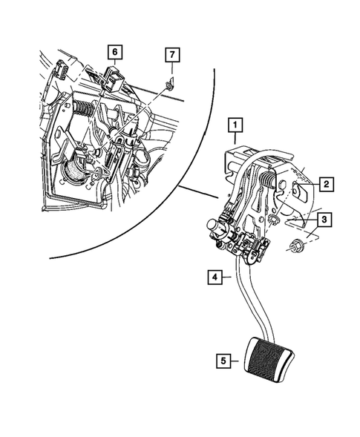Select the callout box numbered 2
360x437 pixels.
[x=326, y=183]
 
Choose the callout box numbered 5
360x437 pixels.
[x=223, y=361]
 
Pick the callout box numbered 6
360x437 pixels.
[x=114, y=52]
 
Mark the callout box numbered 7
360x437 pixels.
[x=171, y=54]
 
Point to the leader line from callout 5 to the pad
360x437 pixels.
[x=236, y=362]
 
